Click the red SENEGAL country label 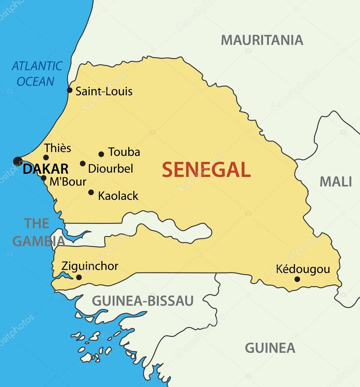coord(206,170)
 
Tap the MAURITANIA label coord(262,40)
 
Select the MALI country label coord(336,182)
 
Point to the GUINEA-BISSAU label coord(143,301)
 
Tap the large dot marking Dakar coord(18,161)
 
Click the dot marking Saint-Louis coord(70,90)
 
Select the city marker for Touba coord(101,154)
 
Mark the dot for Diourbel coord(82,163)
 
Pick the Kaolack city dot coord(91,192)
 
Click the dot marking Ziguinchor coord(79,277)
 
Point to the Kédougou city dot coord(297,279)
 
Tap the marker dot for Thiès coord(46,157)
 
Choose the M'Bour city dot coord(43,178)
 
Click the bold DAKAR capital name coord(45,169)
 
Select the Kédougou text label coord(303,269)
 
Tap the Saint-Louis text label coord(104,91)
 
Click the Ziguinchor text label coord(90,266)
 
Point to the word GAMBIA coord(39,241)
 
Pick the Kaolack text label coord(118,196)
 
